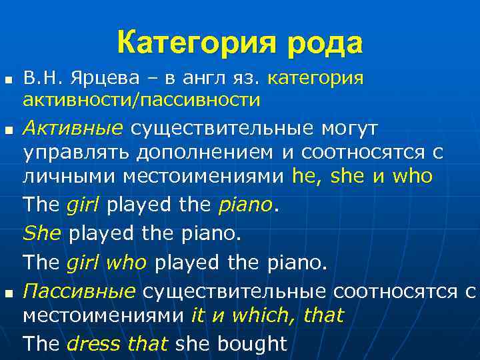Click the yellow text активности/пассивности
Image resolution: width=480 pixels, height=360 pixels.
click(141, 100)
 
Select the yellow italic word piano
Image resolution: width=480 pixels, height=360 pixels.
click(246, 205)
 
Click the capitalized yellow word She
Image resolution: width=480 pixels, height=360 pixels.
click(41, 234)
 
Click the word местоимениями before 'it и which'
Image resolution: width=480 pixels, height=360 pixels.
click(103, 314)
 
